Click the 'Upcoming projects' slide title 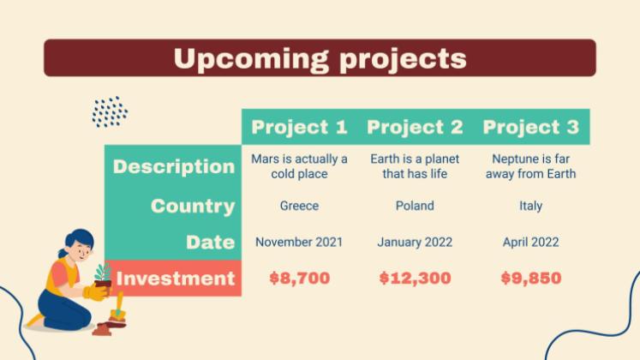(320, 58)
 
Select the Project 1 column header (299, 128)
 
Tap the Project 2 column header (415, 128)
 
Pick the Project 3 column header (530, 128)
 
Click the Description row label (173, 166)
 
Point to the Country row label (192, 207)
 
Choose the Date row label (210, 243)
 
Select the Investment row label (175, 279)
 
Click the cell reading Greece (299, 207)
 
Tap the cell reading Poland (415, 207)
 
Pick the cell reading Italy (530, 207)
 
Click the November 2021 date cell (299, 243)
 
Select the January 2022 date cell (415, 243)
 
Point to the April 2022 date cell (530, 243)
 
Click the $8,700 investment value (299, 279)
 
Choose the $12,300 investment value (415, 279)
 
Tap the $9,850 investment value (530, 279)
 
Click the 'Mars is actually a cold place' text (299, 166)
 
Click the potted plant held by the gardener (103, 279)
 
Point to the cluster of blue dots (110, 111)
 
